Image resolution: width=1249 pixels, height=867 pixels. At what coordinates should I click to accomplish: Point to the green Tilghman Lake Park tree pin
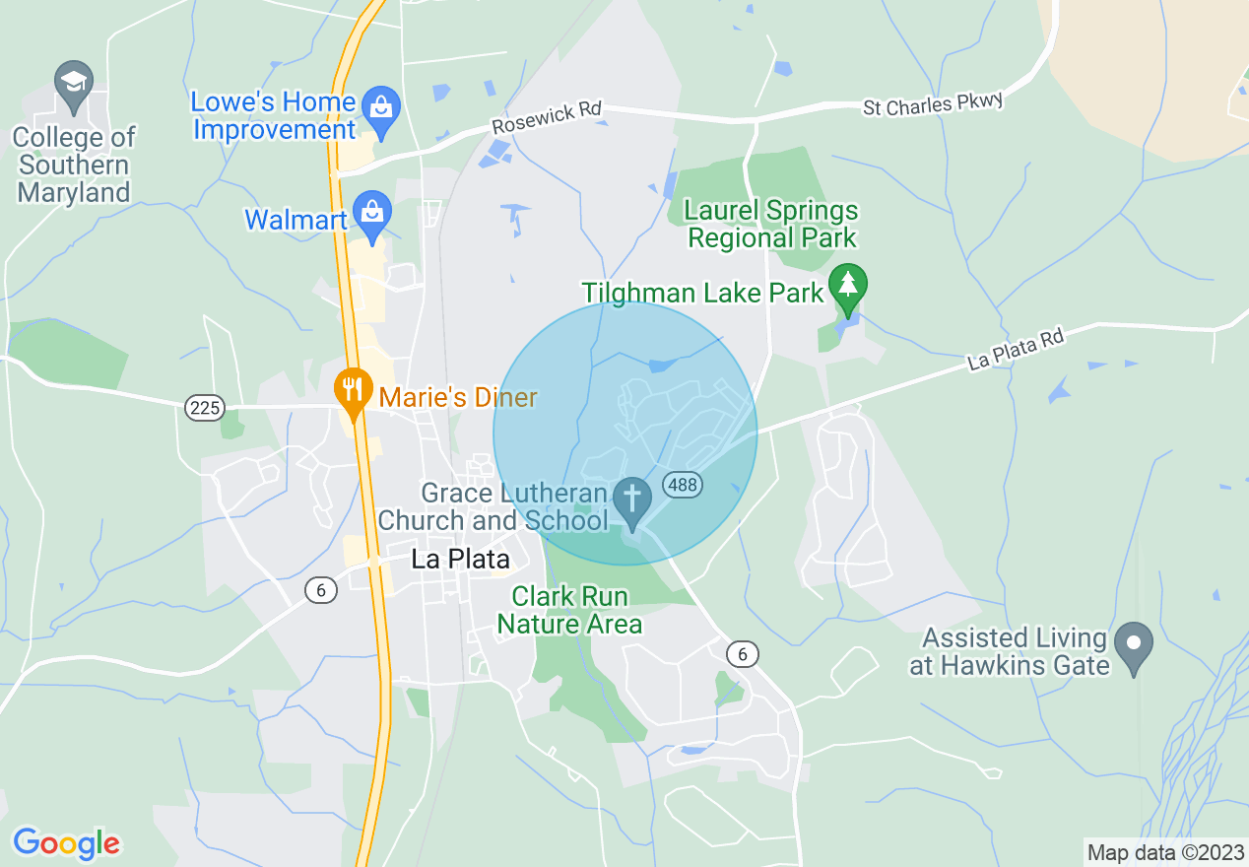tap(847, 287)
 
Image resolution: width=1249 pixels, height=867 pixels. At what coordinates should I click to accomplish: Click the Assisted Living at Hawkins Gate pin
tap(1134, 646)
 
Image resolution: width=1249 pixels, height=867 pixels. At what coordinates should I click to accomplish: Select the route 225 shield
tap(206, 407)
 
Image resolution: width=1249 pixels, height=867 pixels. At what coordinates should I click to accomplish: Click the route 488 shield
tap(682, 485)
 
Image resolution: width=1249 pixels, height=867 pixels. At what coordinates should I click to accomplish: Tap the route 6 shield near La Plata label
tap(321, 590)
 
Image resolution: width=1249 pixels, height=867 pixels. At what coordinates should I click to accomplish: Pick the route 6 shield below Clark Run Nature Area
tap(743, 653)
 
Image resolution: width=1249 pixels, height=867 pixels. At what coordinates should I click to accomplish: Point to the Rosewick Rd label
tap(547, 117)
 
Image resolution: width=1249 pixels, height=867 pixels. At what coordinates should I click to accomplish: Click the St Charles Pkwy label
tap(933, 102)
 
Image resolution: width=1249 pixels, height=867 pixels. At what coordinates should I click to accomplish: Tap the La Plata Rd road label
tap(1016, 349)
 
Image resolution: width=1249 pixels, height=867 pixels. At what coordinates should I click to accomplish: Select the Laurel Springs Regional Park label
tap(772, 224)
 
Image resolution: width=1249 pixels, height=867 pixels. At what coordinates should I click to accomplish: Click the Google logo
tap(66, 843)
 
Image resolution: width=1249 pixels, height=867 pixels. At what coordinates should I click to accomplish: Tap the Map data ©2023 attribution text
tap(1163, 851)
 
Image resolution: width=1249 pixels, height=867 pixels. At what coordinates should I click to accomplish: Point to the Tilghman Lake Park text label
tap(702, 293)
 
